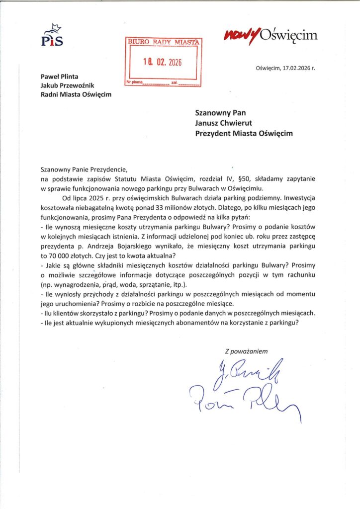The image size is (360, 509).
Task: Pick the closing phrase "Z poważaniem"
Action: (246, 351)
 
